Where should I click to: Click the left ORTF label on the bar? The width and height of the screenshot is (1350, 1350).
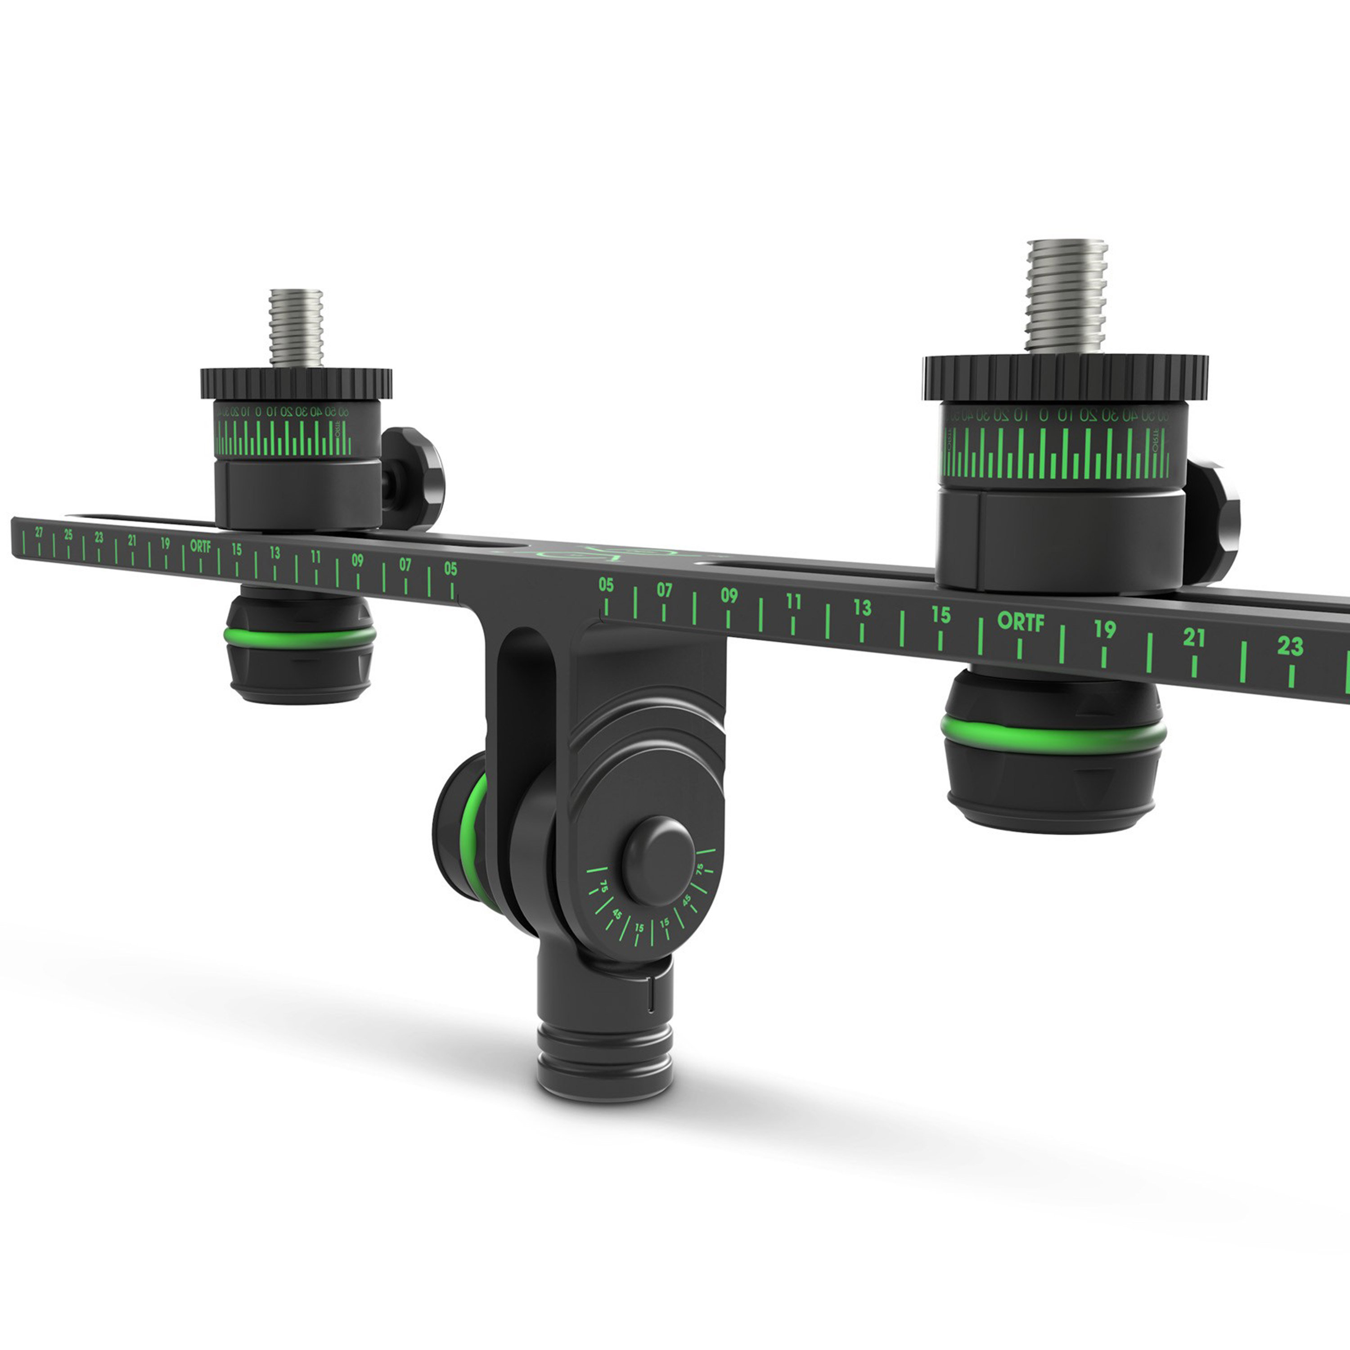[x=201, y=546]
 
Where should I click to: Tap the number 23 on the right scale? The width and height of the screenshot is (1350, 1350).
[x=1290, y=646]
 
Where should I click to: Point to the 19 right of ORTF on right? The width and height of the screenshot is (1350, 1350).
[x=1105, y=629]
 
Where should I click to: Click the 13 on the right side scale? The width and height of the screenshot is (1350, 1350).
[x=862, y=607]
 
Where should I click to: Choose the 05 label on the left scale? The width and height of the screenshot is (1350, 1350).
[x=451, y=569]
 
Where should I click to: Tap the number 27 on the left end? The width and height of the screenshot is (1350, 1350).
[x=39, y=532]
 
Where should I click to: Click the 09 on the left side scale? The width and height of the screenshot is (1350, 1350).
[x=358, y=560]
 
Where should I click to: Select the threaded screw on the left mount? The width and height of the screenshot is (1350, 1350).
[x=296, y=327]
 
